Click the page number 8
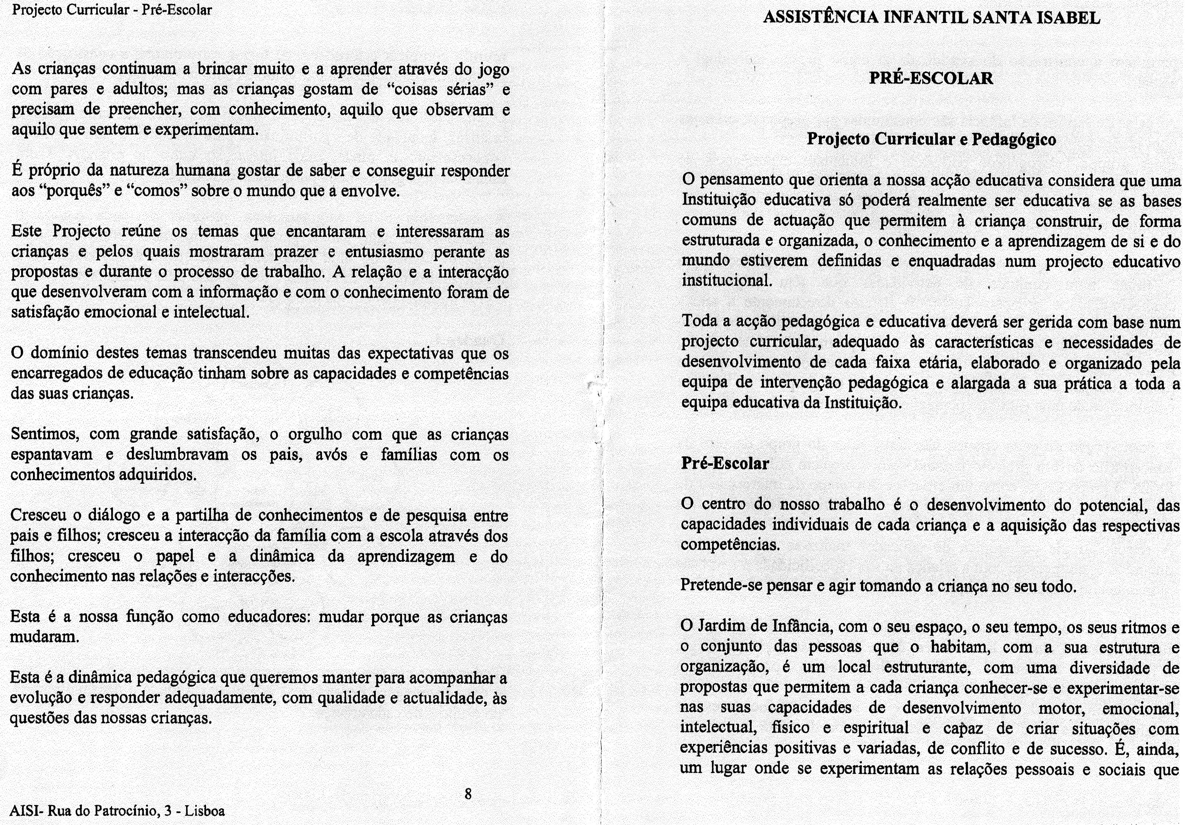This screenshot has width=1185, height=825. [x=468, y=794]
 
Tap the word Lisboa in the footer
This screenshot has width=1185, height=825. [x=205, y=811]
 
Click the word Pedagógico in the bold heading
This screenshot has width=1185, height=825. [x=1014, y=139]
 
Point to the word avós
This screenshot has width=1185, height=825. [x=331, y=455]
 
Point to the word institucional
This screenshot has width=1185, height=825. [x=727, y=281]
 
